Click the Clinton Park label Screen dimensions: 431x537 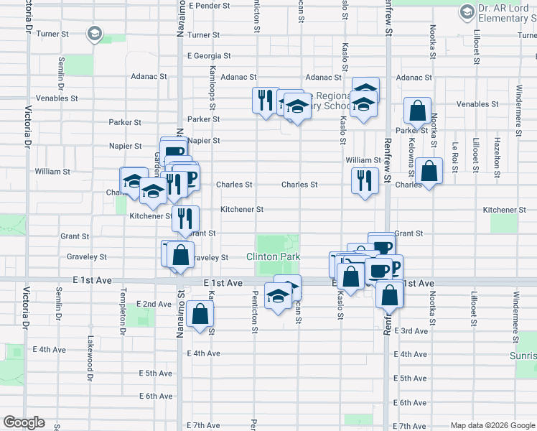click(272, 256)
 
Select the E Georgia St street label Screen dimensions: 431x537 click(209, 55)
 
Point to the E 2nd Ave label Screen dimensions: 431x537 click(154, 305)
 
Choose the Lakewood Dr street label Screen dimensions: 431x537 click(90, 357)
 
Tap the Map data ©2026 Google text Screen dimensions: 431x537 click(492, 425)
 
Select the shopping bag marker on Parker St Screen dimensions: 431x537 click(417, 111)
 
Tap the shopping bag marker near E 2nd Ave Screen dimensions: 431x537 click(200, 313)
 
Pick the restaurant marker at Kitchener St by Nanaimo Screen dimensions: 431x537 click(185, 218)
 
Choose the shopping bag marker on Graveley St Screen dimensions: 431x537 click(181, 254)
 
